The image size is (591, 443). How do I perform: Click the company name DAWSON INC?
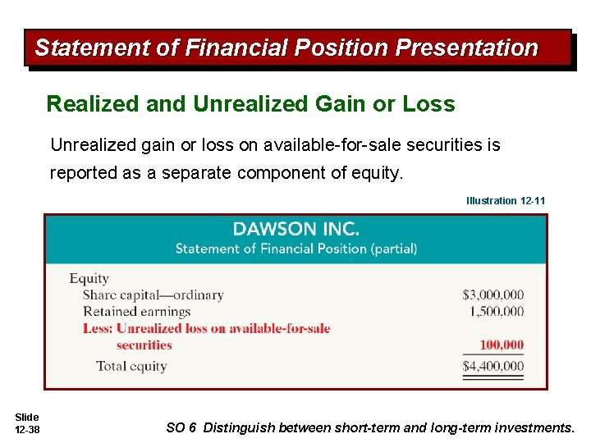pos(295,229)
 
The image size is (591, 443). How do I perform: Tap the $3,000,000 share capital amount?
pos(492,295)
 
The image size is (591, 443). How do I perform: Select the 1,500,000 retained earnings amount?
pos(497,311)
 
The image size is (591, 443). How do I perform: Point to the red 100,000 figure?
pos(502,345)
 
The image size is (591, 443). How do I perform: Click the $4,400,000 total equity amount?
pos(492,366)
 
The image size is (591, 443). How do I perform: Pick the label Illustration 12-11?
pos(506,200)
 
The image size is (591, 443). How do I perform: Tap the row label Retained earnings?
pos(136,311)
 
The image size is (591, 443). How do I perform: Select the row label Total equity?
pos(131,366)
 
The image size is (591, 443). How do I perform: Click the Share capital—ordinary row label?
pos(153,295)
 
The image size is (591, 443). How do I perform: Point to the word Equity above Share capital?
pos(89,279)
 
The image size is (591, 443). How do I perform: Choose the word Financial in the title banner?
pos(231,48)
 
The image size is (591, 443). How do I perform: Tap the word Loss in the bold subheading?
pos(428,104)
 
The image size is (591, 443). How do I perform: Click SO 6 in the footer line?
pos(181,427)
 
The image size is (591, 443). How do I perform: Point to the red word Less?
pos(98,328)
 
